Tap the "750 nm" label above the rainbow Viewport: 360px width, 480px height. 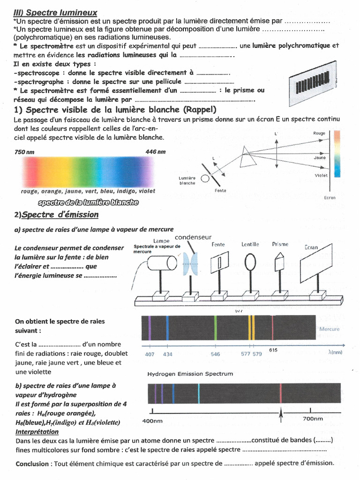pyautogui.click(x=24, y=152)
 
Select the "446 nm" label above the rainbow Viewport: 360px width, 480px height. pyautogui.click(x=156, y=152)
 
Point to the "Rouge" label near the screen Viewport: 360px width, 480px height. pyautogui.click(x=319, y=134)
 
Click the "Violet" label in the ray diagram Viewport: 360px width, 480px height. pyautogui.click(x=321, y=175)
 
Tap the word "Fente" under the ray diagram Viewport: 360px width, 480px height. pyautogui.click(x=220, y=191)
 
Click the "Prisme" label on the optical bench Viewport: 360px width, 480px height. pyautogui.click(x=280, y=244)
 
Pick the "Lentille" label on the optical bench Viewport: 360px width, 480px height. pyautogui.click(x=250, y=244)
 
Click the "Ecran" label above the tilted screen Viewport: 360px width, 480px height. pyautogui.click(x=311, y=247)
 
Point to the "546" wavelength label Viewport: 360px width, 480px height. pyautogui.click(x=215, y=354)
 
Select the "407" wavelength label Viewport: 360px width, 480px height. pyautogui.click(x=150, y=354)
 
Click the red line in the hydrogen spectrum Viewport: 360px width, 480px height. pyautogui.click(x=280, y=393)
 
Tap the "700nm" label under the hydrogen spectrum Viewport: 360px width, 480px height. pyautogui.click(x=313, y=419)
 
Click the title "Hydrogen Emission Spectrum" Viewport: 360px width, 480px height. pyautogui.click(x=190, y=374)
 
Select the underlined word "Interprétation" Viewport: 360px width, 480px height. pyautogui.click(x=37, y=432)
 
